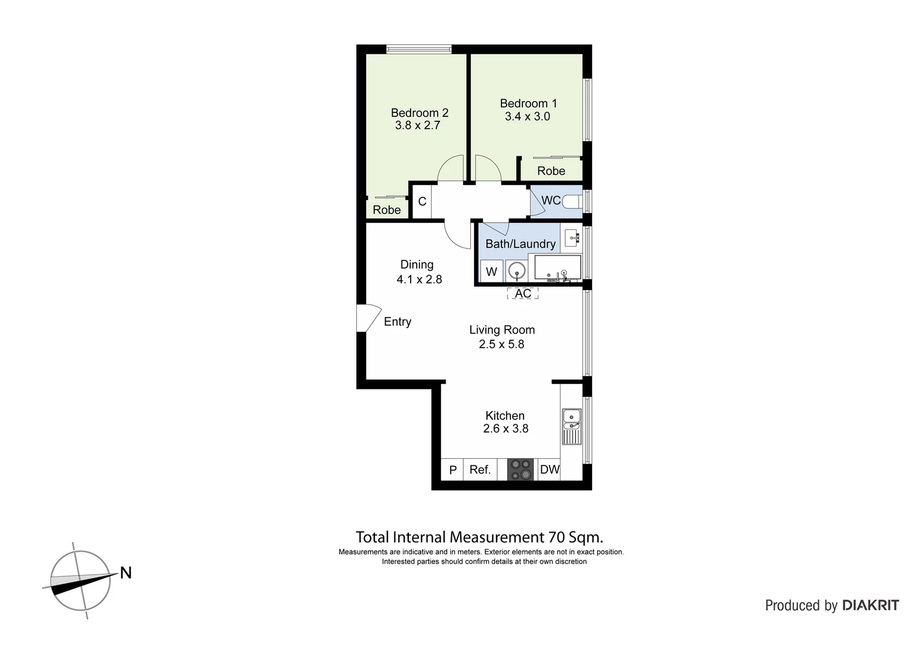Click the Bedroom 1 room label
528,103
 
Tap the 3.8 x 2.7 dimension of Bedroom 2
417,125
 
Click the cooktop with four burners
520,469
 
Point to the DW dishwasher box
550,469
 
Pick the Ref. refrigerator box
480,469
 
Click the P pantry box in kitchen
452,470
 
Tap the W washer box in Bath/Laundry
491,272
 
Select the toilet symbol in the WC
574,201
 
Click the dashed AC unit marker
523,293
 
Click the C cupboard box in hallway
422,201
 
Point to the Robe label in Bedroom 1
551,171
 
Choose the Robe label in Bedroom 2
387,210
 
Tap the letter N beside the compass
126,573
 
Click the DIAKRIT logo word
871,606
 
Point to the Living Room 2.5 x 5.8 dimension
501,344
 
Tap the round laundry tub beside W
516,272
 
